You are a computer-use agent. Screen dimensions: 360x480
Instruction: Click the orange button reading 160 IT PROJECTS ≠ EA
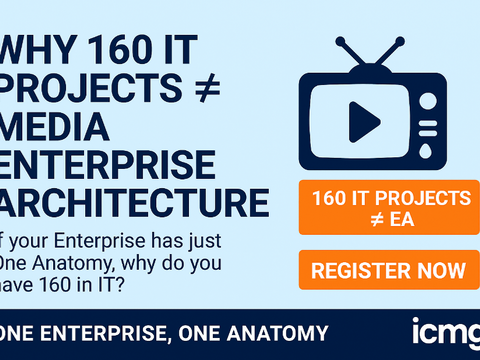point(384,206)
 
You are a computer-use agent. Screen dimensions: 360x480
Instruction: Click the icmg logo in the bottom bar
point(445,330)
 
